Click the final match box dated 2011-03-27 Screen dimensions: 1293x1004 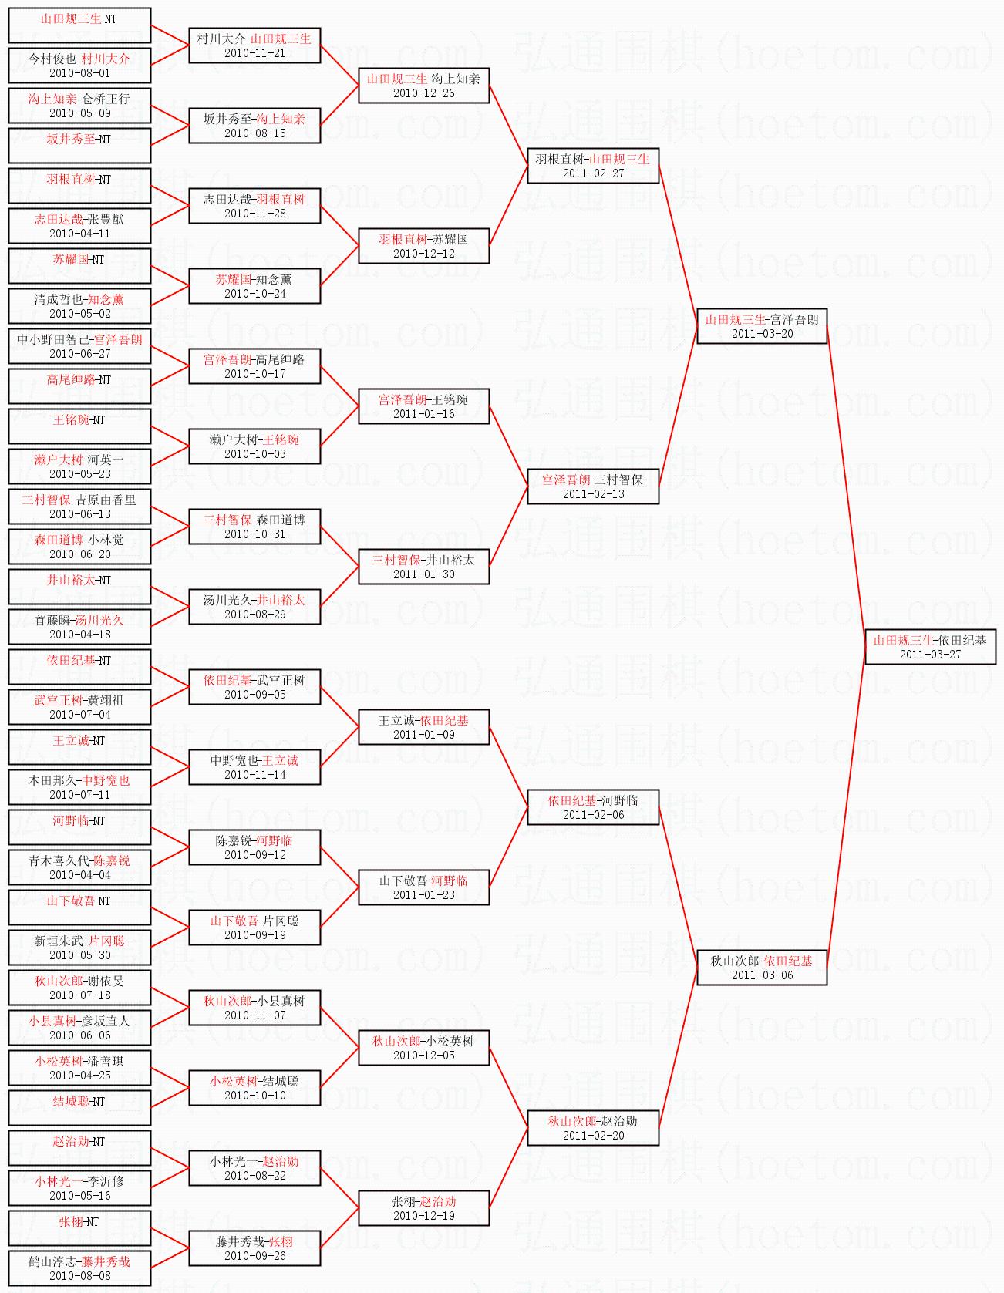[x=930, y=647]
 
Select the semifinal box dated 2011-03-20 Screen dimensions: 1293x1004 [x=762, y=326]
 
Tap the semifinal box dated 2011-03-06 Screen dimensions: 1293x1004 [x=762, y=968]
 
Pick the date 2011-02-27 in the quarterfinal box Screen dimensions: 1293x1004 [x=593, y=173]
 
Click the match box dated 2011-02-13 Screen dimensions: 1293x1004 [x=593, y=487]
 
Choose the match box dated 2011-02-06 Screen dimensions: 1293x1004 [x=593, y=807]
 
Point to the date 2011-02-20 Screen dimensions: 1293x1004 [x=593, y=1136]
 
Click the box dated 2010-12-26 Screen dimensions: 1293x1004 [x=423, y=86]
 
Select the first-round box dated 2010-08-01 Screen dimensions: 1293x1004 [x=79, y=66]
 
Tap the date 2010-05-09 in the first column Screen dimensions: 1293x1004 [x=79, y=113]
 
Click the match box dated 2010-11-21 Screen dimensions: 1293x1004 [x=254, y=45]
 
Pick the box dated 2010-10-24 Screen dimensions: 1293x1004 [x=254, y=286]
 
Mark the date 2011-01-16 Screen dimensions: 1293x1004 [x=423, y=414]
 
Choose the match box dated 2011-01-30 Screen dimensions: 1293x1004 [x=423, y=567]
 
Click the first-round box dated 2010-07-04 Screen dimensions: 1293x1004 [x=79, y=707]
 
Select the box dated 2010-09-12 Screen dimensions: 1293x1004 [x=254, y=847]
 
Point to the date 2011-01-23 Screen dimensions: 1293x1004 [x=423, y=895]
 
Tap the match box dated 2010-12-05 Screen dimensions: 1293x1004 [x=423, y=1048]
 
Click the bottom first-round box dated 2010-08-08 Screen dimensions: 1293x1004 [x=79, y=1268]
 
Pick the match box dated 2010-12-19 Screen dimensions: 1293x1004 [x=423, y=1208]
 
